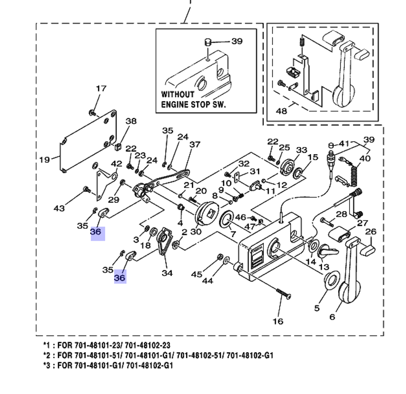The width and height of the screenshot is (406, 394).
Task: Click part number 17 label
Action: [101, 88]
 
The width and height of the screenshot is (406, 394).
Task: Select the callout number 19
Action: [44, 159]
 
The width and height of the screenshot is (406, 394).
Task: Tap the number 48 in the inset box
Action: [281, 110]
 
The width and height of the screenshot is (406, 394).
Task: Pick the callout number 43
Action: [59, 208]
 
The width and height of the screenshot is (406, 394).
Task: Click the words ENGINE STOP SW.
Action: [193, 104]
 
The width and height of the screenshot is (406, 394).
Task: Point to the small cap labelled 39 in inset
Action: [208, 42]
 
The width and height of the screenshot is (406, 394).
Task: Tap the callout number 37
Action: [195, 144]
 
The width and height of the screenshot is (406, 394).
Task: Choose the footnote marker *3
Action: [47, 365]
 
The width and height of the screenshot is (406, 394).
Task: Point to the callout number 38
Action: [131, 121]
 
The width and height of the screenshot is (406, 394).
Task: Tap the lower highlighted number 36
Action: [120, 278]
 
